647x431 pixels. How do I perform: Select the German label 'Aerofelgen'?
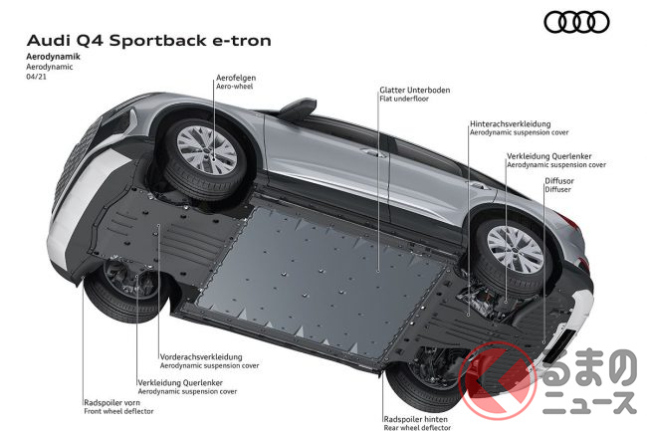(237, 78)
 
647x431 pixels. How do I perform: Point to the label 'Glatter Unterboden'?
(414, 91)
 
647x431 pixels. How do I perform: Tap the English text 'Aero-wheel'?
(234, 88)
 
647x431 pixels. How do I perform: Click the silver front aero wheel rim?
(206, 148)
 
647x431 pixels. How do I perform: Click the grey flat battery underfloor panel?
(338, 269)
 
